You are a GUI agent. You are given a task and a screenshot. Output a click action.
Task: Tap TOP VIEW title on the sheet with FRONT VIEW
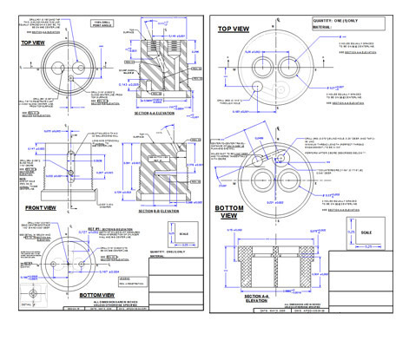coord(33,42)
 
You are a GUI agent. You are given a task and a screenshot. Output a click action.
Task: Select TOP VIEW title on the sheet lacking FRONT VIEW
coord(234,29)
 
